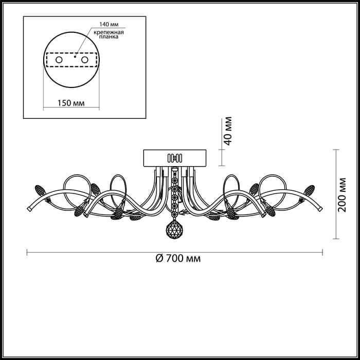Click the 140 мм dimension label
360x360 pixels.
(109, 24)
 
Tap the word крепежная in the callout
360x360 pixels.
(109, 32)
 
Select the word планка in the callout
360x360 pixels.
(109, 37)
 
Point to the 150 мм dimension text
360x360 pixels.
(71, 103)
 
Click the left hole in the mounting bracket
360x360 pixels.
(59, 60)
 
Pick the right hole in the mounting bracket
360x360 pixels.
(85, 60)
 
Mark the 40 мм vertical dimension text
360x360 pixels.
(228, 131)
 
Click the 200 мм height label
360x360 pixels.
(341, 195)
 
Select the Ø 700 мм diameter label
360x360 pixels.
(178, 259)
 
